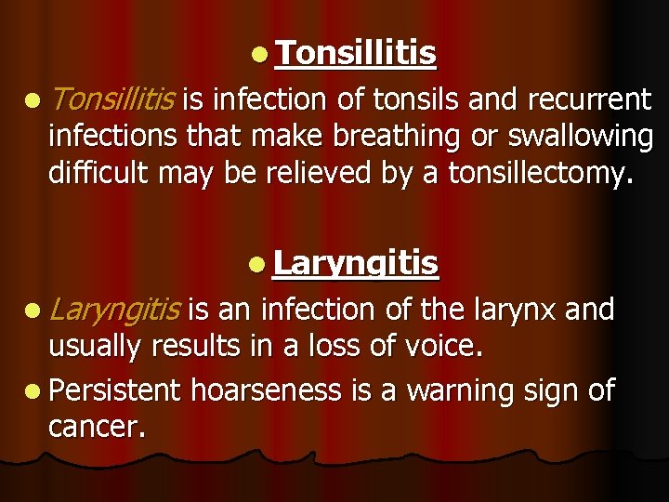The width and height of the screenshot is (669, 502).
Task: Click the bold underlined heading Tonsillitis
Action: click(x=356, y=55)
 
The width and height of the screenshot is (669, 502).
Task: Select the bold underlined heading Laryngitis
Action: click(x=356, y=264)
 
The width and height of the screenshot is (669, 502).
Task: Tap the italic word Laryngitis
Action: click(x=116, y=308)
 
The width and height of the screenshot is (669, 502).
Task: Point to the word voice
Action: click(x=441, y=347)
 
